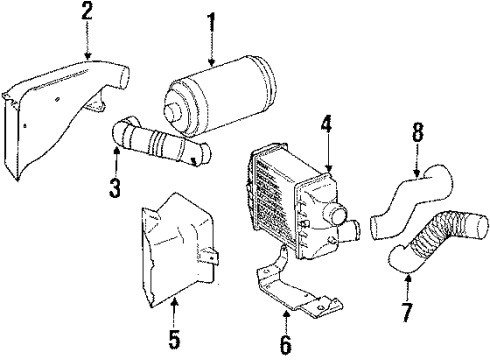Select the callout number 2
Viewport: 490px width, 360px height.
pos(87,13)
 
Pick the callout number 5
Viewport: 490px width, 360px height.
pos(175,337)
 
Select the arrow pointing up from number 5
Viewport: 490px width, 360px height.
pos(175,310)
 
